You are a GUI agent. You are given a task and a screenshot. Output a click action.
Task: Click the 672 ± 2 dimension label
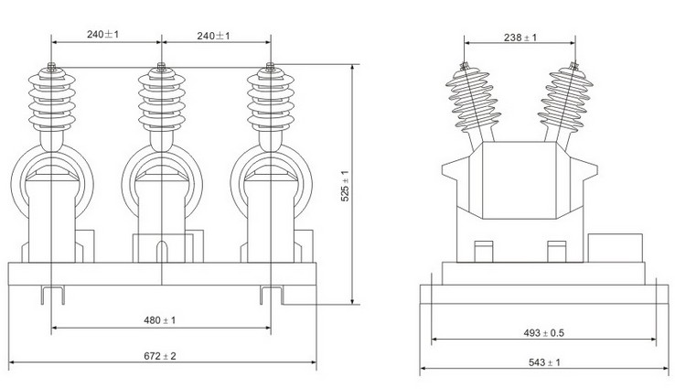click(160, 354)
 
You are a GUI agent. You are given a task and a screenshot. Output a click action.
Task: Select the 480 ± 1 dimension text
click(160, 320)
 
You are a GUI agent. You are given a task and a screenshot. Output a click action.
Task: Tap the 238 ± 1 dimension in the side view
click(520, 38)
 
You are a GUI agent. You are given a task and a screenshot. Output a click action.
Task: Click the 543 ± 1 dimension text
click(544, 362)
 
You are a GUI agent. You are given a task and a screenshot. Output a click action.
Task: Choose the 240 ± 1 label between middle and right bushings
click(215, 35)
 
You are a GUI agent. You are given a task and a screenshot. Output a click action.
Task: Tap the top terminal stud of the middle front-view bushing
click(161, 67)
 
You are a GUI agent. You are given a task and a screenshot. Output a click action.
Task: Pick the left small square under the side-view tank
click(485, 251)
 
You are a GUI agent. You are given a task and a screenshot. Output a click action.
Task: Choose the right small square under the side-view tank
click(554, 251)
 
